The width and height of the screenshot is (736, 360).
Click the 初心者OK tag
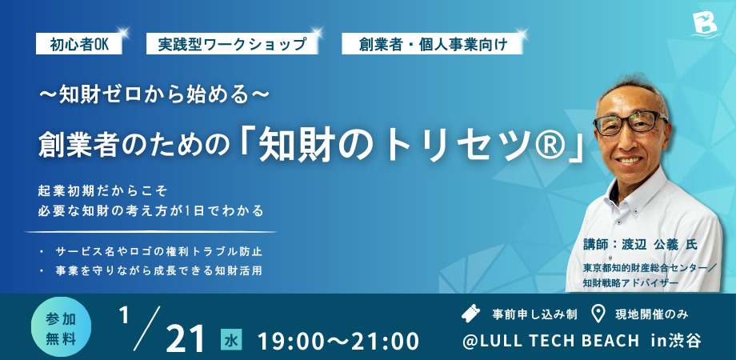tap(79, 45)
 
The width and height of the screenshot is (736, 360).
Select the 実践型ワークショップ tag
tap(232, 45)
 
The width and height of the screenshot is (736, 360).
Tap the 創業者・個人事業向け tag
tap(432, 45)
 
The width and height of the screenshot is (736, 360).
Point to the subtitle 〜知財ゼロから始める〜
tap(154, 95)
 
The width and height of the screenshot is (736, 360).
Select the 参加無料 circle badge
tap(61, 327)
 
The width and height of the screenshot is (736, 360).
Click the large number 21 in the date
tap(186, 338)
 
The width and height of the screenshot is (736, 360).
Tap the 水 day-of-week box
tap(231, 340)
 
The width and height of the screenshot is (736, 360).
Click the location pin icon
tap(598, 314)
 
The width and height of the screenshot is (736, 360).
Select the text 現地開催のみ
tap(652, 314)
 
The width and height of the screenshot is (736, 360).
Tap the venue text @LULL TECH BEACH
tap(550, 341)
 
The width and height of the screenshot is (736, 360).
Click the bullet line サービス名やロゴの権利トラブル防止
tap(158, 251)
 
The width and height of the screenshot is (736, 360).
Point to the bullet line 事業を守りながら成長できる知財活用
tap(158, 271)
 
